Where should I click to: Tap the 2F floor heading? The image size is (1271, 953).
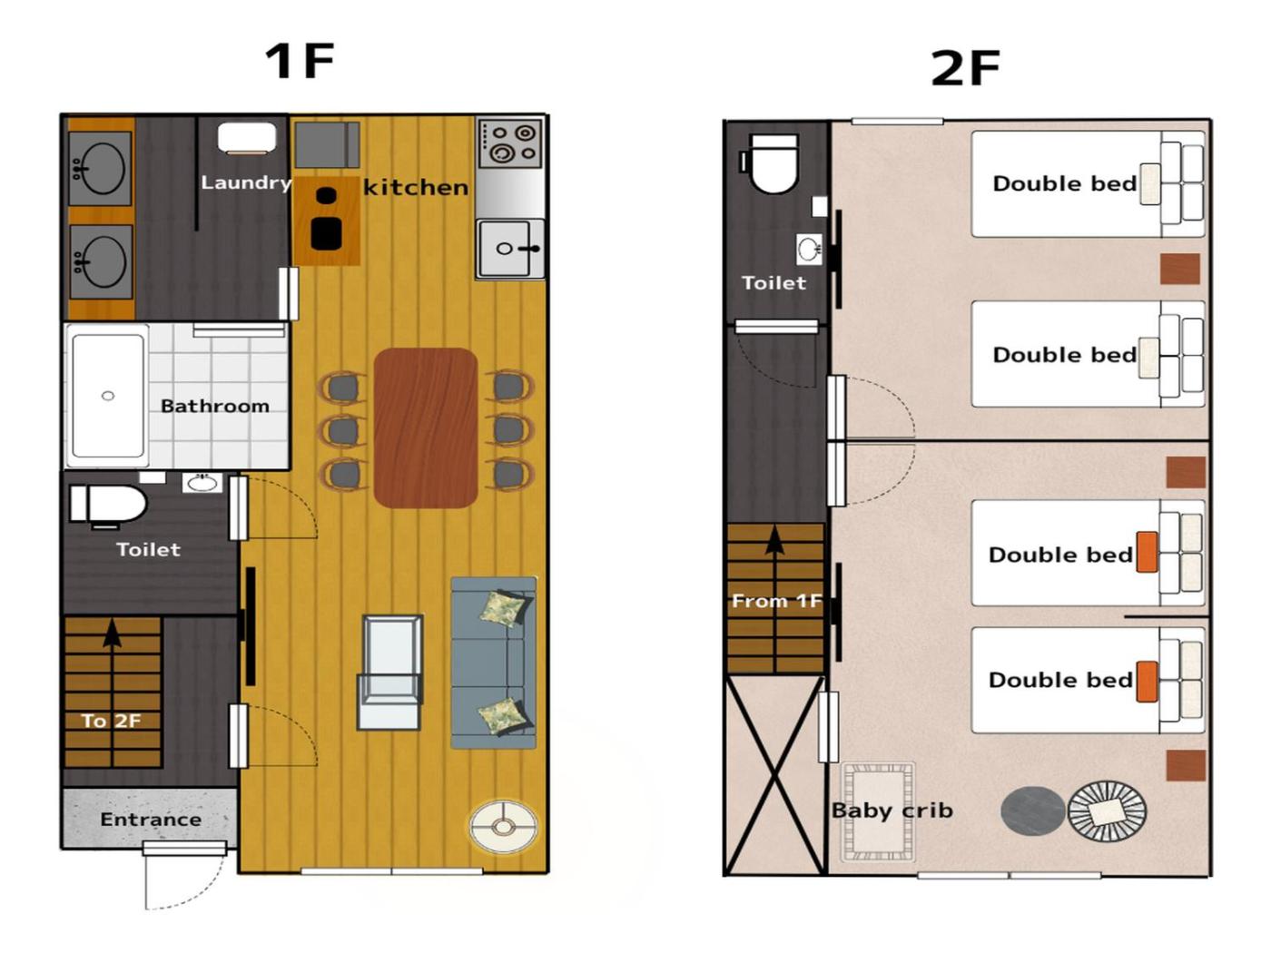click(x=965, y=68)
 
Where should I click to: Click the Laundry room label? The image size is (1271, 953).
click(x=245, y=182)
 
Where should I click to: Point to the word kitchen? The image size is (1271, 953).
click(x=415, y=188)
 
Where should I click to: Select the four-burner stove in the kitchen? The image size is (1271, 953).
click(x=510, y=142)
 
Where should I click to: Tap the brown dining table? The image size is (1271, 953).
click(x=426, y=428)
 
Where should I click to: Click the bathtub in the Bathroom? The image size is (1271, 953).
click(x=108, y=396)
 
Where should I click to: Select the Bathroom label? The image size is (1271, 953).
click(x=215, y=407)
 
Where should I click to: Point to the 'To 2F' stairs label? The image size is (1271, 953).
click(x=111, y=721)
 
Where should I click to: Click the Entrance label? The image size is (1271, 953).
click(x=151, y=820)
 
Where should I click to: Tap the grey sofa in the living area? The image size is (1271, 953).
click(x=493, y=663)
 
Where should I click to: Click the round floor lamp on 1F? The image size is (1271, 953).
click(x=503, y=827)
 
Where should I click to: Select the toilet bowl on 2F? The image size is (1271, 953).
click(x=773, y=164)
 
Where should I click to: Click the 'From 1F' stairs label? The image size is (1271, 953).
click(x=776, y=601)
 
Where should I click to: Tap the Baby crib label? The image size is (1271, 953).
click(x=892, y=811)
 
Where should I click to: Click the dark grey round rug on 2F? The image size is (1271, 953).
click(x=1032, y=811)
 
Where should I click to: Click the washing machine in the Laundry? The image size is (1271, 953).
click(x=247, y=138)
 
